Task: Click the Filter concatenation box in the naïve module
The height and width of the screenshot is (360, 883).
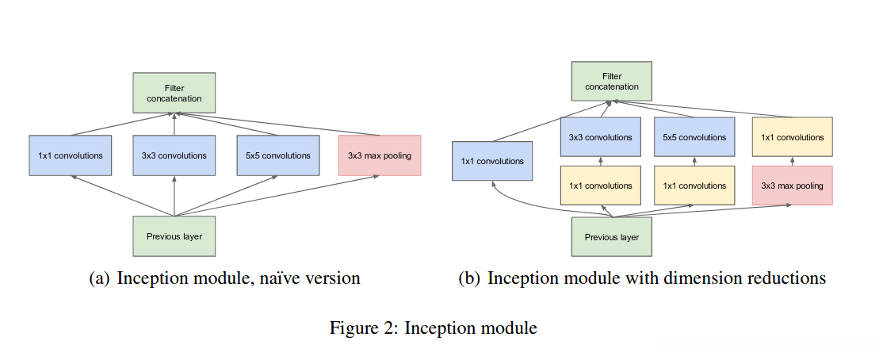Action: pyautogui.click(x=174, y=93)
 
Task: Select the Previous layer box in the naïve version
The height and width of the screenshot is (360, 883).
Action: pyautogui.click(x=174, y=236)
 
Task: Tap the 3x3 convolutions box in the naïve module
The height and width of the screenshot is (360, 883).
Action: pyautogui.click(x=174, y=155)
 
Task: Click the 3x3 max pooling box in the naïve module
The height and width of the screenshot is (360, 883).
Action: pyautogui.click(x=379, y=155)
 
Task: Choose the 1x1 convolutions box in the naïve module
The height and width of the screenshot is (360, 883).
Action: pyautogui.click(x=71, y=155)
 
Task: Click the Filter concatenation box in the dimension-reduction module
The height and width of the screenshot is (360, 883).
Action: pyautogui.click(x=611, y=81)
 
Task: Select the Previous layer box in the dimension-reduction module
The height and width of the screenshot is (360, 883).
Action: pyautogui.click(x=611, y=236)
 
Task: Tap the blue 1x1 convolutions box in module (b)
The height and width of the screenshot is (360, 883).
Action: pyautogui.click(x=492, y=161)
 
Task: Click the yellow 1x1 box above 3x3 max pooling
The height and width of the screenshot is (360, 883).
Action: pyautogui.click(x=792, y=137)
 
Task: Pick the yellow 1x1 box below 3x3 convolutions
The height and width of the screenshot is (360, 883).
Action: pyautogui.click(x=600, y=186)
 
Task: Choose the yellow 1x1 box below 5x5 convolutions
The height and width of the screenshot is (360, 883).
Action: pyautogui.click(x=694, y=186)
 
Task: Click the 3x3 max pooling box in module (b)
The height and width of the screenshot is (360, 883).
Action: pyautogui.click(x=792, y=186)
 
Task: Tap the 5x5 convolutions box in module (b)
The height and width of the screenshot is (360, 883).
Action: pyautogui.click(x=694, y=137)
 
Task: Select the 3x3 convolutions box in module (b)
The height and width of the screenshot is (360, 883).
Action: pyautogui.click(x=600, y=137)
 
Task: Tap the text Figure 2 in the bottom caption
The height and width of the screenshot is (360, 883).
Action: pyautogui.click(x=364, y=327)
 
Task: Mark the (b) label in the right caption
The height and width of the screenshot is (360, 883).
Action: pyautogui.click(x=469, y=278)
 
